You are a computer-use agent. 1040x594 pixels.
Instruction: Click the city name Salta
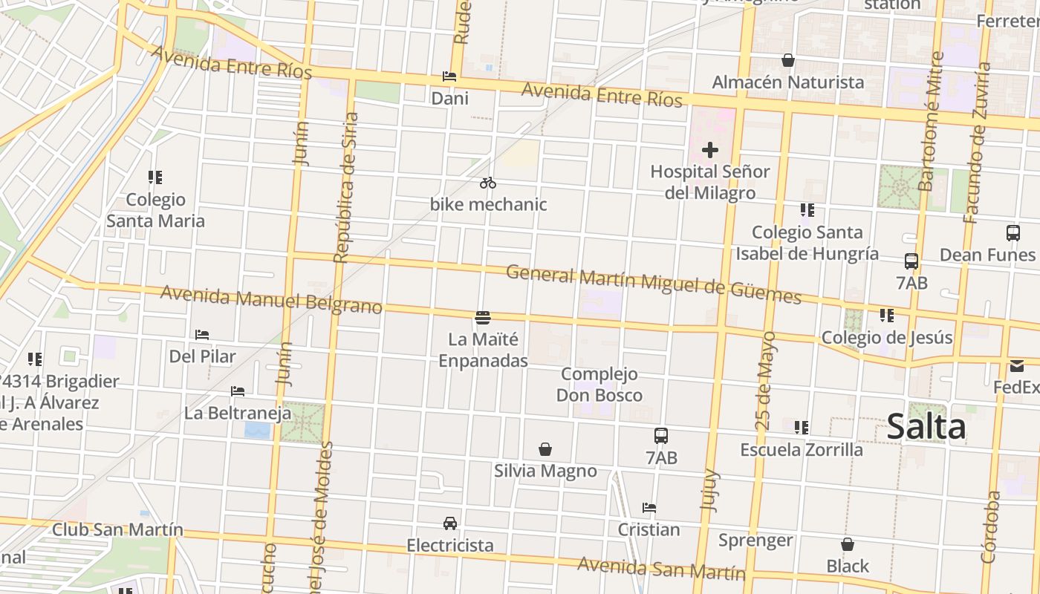926,427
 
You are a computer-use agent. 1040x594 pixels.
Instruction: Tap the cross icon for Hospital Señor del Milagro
710,151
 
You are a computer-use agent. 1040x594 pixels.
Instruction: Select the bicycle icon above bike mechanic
487,183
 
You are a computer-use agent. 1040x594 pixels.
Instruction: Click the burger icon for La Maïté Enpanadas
483,318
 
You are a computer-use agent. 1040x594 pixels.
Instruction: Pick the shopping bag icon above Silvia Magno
545,449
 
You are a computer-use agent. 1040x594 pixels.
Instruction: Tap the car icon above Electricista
450,523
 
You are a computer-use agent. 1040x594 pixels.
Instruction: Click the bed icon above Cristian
649,508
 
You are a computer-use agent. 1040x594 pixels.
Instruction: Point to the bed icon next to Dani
449,76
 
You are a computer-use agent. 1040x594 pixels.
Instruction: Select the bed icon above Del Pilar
202,335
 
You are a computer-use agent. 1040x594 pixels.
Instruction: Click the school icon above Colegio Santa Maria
155,177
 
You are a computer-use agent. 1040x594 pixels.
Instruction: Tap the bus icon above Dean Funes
1013,233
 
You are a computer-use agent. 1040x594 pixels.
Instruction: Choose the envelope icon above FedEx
1016,366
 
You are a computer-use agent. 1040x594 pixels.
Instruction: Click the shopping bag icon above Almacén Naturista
787,60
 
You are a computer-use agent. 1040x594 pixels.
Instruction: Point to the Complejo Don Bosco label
599,385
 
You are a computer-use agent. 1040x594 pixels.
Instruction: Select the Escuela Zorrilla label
802,449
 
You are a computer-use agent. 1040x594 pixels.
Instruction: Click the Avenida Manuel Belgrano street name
271,298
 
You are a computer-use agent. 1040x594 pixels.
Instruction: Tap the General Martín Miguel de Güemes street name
654,284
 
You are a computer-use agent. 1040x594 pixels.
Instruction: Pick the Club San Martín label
117,529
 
